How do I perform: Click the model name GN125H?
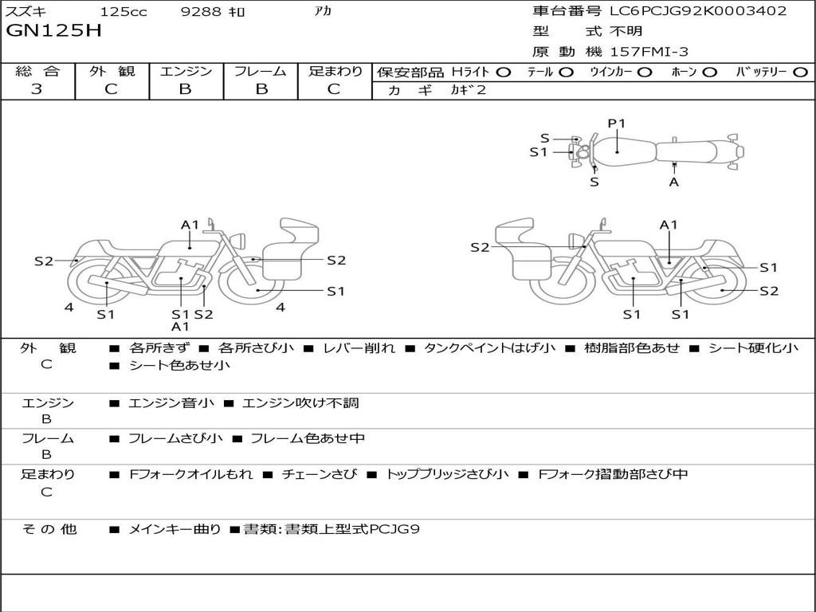[x=54, y=32]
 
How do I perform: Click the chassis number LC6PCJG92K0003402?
[x=698, y=11]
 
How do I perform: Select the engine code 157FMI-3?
[x=649, y=52]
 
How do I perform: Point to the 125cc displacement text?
[x=118, y=12]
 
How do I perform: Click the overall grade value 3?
[x=37, y=89]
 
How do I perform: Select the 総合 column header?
[x=37, y=72]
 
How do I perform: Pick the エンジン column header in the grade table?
[x=186, y=72]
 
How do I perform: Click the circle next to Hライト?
[x=505, y=73]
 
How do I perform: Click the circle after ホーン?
[x=710, y=73]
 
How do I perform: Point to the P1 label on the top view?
[x=617, y=124]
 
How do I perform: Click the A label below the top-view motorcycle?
[x=674, y=182]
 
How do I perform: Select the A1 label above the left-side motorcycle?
[x=190, y=226]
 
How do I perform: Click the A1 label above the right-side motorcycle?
[x=668, y=226]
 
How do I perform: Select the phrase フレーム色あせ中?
[x=307, y=438]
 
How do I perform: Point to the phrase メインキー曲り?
[x=175, y=528]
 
